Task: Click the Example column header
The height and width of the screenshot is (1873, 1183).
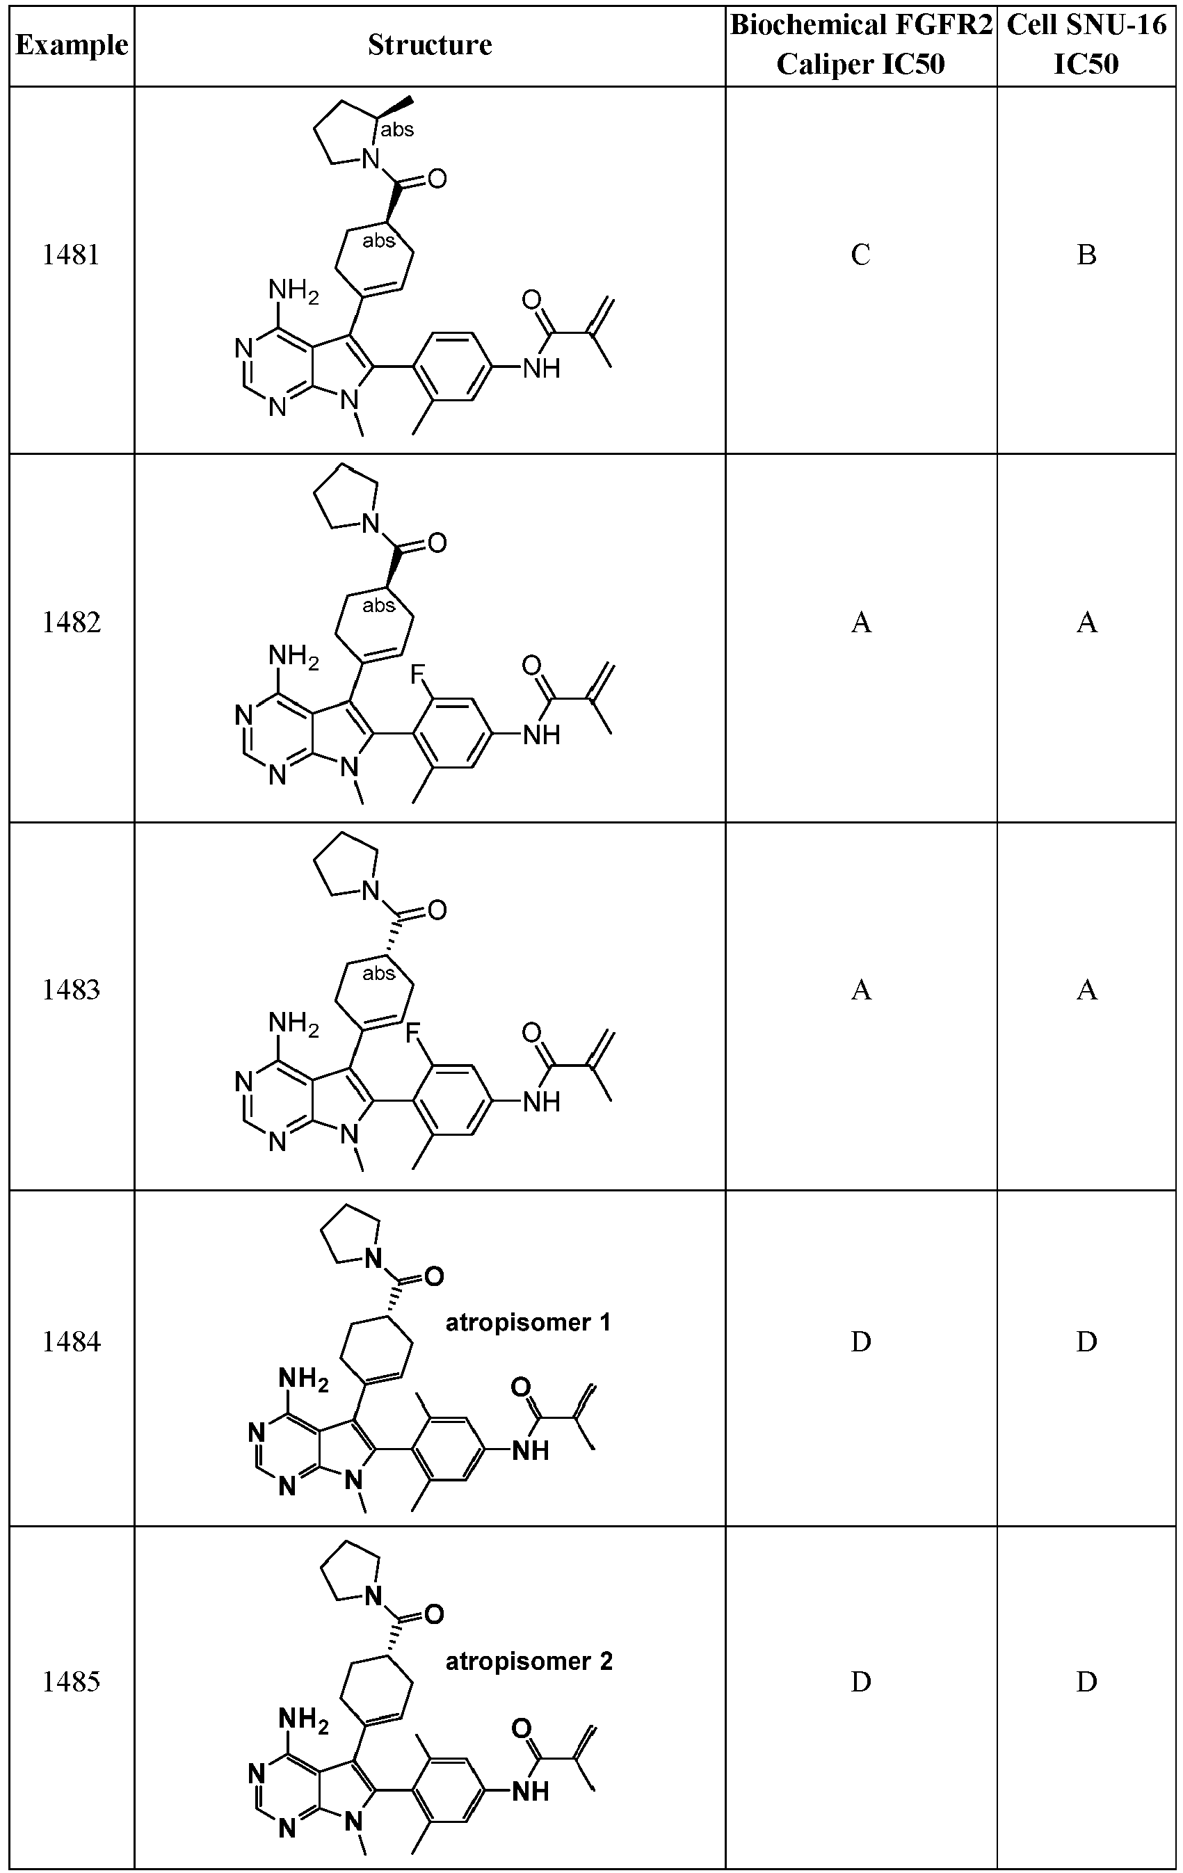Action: (72, 45)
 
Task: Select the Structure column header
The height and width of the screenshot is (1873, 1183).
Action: (429, 45)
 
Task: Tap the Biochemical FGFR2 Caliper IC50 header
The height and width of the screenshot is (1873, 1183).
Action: (861, 45)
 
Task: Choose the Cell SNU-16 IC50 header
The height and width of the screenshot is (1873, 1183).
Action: (1086, 45)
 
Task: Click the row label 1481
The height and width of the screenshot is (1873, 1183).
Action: (71, 255)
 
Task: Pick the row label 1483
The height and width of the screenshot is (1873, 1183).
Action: (71, 990)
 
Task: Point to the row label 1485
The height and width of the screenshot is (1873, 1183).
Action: (71, 1682)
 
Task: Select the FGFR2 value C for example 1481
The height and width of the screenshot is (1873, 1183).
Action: (860, 255)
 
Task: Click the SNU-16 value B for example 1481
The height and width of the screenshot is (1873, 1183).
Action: (1086, 255)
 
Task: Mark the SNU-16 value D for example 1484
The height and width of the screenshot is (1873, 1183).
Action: (1086, 1341)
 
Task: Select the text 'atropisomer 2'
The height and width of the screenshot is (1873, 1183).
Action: (529, 1662)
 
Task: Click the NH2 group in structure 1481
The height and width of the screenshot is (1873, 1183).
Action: (293, 291)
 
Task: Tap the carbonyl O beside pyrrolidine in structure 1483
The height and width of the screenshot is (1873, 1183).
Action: (437, 909)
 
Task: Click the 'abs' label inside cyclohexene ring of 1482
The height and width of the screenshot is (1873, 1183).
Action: (379, 605)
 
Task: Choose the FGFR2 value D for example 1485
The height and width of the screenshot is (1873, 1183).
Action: (860, 1682)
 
